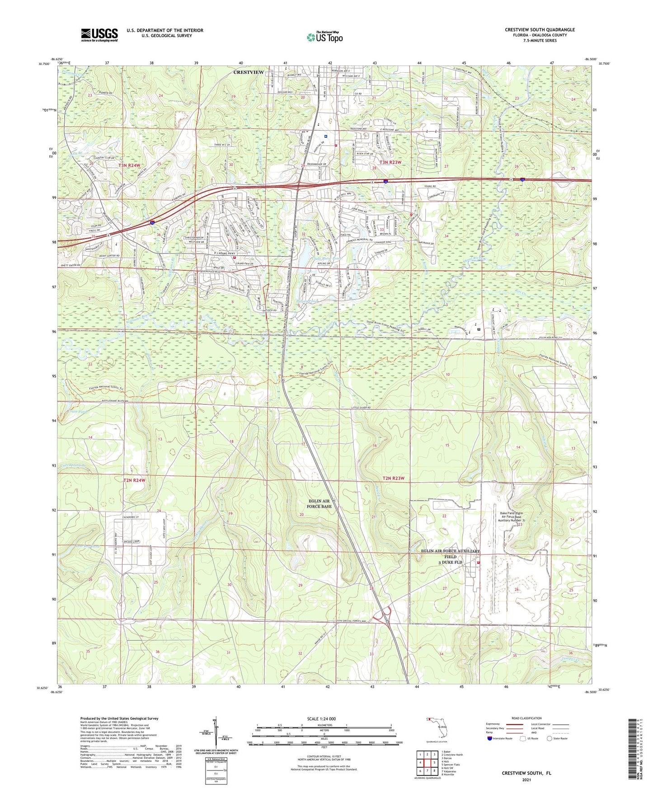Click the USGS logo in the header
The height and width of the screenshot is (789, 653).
pos(99,34)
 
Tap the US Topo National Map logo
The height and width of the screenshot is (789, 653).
pos(324,37)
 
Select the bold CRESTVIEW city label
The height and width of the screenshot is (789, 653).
pos(249,72)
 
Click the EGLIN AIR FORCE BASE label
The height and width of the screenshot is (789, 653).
pos(319,503)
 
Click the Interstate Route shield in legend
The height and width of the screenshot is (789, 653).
pos(490,739)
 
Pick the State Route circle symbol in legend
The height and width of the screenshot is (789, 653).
pos(550,739)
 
